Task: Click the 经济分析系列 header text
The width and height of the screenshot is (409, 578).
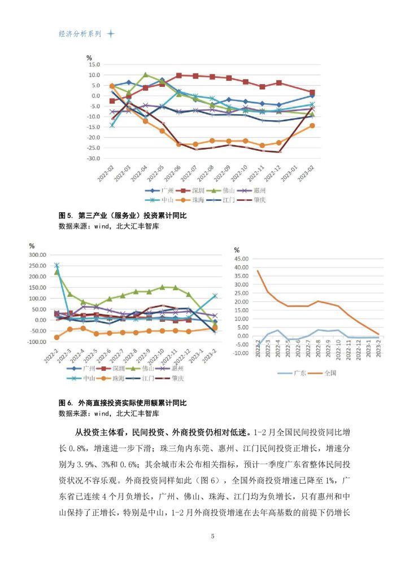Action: coord(80,34)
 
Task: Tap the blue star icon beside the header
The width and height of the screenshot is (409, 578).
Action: coord(111,34)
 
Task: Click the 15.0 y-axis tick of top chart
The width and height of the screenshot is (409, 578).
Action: coord(94,64)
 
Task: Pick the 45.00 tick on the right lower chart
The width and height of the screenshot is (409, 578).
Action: coord(241,259)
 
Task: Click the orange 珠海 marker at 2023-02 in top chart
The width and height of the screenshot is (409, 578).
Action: coord(312,126)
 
